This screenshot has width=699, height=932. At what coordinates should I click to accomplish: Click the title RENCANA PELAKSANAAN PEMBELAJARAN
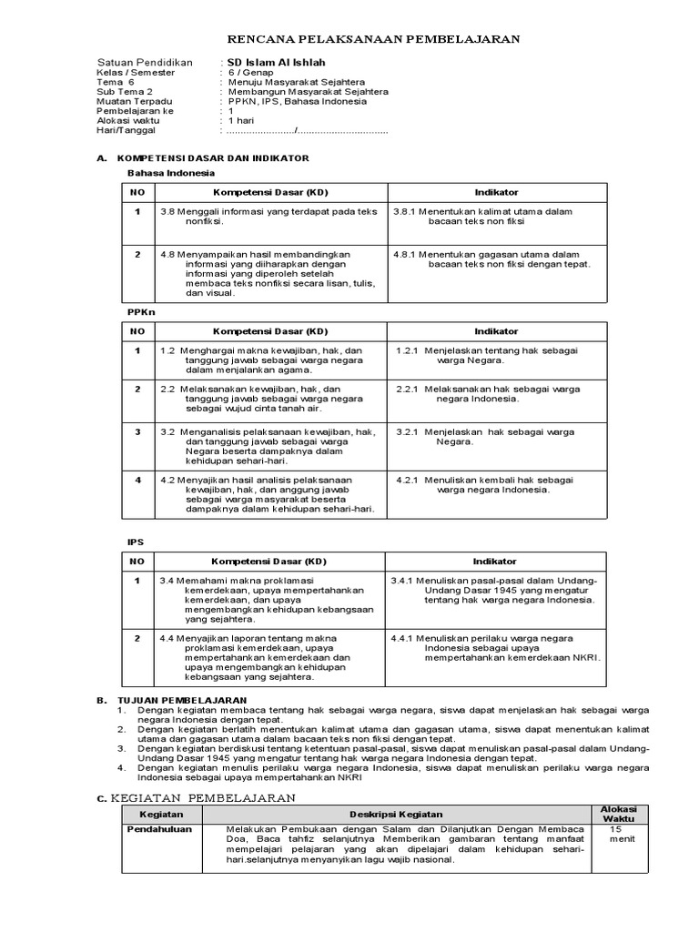[373, 39]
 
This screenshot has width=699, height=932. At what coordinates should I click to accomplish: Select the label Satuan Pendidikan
[145, 63]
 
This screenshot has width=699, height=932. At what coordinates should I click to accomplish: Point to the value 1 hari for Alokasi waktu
[241, 120]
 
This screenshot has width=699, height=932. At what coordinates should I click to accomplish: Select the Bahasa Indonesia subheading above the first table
[170, 172]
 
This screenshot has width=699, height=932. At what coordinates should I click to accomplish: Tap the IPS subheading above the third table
[135, 542]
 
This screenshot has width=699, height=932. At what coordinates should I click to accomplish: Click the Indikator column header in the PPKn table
[496, 331]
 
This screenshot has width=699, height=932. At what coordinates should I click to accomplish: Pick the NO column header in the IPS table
[137, 562]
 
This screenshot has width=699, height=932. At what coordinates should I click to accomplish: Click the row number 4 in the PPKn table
[138, 479]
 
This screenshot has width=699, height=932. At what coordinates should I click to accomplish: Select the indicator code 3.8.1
[406, 211]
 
